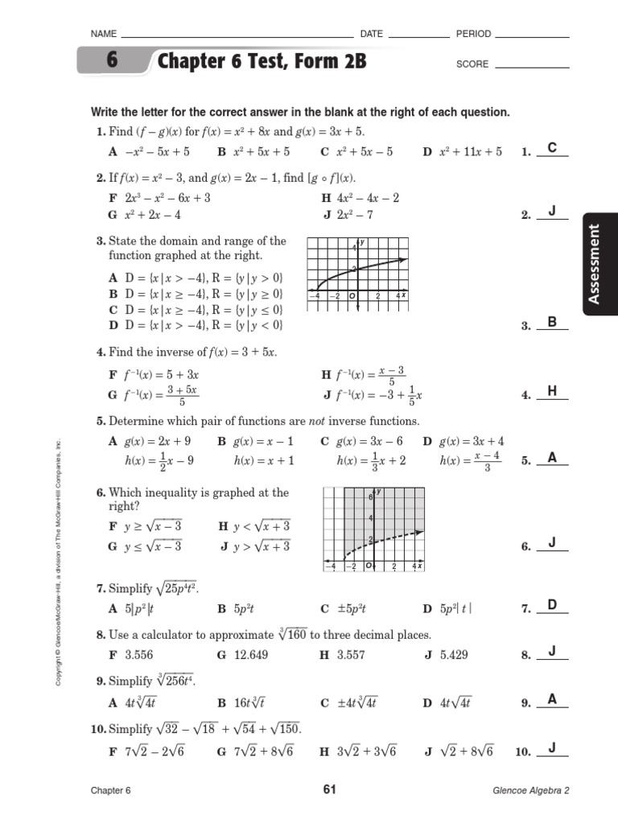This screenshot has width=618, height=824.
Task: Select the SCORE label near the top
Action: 472,64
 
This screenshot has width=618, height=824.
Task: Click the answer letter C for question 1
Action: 552,147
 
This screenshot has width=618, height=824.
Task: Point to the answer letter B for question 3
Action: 552,322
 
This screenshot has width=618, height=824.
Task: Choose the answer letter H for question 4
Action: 552,391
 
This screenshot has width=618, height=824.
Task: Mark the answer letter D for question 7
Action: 552,604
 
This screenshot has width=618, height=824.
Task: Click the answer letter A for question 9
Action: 552,699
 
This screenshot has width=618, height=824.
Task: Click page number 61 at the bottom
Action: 328,789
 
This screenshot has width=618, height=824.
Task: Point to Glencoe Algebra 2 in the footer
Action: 531,790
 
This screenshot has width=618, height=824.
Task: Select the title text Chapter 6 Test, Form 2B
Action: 262,62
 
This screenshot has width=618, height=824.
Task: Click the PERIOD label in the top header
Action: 473,34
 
